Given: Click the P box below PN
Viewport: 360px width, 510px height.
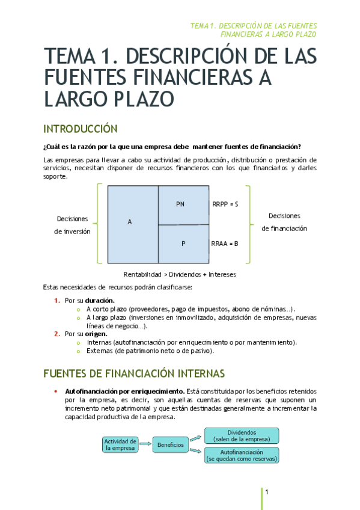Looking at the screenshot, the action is [x=184, y=244].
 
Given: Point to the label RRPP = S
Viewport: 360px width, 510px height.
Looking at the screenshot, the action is [x=225, y=204].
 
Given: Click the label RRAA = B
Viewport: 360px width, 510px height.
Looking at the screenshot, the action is [x=225, y=244].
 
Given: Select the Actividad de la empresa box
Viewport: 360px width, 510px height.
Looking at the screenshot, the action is [x=121, y=444].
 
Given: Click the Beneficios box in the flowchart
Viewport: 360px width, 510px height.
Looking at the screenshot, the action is [x=170, y=444].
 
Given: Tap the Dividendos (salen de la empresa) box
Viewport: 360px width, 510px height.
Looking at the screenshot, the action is [x=242, y=435].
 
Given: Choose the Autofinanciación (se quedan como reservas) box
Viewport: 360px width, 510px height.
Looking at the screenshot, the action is [x=242, y=455].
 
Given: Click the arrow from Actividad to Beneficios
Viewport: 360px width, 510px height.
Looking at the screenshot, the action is [x=145, y=444].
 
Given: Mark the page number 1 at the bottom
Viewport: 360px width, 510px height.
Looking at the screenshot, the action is [x=266, y=493].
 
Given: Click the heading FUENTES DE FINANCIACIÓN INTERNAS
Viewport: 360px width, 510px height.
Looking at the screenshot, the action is [x=134, y=373].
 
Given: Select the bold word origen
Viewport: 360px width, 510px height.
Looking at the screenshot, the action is [x=96, y=333].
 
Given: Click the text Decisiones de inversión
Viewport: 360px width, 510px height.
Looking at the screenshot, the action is [x=73, y=225].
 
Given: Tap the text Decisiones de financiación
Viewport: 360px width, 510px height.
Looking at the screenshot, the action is [x=284, y=222].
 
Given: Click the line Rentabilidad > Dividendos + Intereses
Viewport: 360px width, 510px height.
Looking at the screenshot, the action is [x=180, y=274].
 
